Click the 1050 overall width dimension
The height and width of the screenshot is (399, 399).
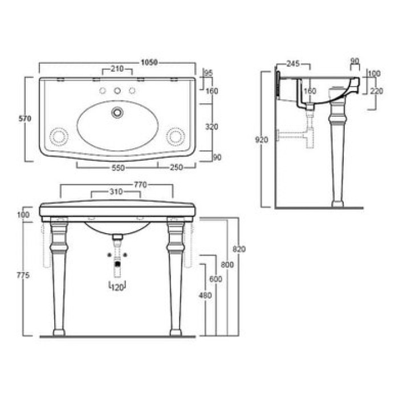coord(149,62)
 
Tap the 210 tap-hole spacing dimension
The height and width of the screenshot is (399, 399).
coord(117,69)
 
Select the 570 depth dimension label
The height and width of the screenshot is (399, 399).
coord(25,119)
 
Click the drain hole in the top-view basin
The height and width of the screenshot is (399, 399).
coord(117,112)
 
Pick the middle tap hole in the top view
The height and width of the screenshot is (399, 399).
coord(117,91)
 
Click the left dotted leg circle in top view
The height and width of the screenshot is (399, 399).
coord(59,137)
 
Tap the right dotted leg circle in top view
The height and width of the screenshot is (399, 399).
coord(176,137)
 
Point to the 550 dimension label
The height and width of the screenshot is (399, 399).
coord(119,168)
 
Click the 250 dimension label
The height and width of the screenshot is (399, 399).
coord(176,168)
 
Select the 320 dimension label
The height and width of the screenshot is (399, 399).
coord(211,127)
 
